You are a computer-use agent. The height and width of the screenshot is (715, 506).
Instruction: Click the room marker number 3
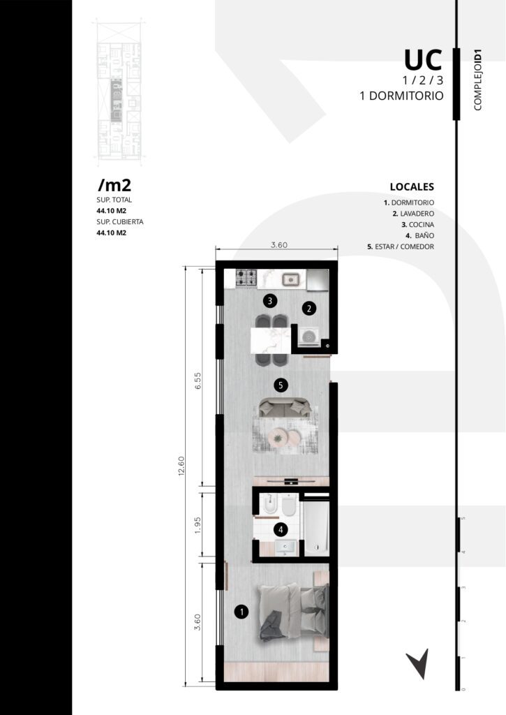pos(270,301)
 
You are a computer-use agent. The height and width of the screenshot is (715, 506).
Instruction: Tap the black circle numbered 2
pos(309,309)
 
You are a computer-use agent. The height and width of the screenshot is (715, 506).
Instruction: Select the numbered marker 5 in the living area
pos(281,385)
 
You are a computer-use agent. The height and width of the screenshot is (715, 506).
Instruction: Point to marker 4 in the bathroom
pos(281,530)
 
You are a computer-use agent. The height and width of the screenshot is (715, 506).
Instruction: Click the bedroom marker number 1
pos(241,612)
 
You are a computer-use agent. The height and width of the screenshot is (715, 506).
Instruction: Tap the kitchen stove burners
pos(246,278)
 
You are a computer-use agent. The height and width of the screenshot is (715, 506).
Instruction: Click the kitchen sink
pos(290,278)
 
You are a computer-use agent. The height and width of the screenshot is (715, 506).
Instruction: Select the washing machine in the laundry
pos(309,337)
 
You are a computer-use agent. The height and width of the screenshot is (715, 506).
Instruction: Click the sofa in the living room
pos(285,408)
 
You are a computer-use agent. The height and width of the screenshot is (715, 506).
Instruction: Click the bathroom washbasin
pos(285,547)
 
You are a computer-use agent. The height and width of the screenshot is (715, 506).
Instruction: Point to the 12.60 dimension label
pos(181,466)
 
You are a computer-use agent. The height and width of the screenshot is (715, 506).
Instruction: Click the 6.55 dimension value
pos(198,381)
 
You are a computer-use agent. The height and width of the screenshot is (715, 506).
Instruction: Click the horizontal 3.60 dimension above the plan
pos(279,245)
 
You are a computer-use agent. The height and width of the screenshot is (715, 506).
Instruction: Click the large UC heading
pos(423,59)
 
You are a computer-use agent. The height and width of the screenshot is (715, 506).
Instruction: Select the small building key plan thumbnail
pos(120,91)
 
